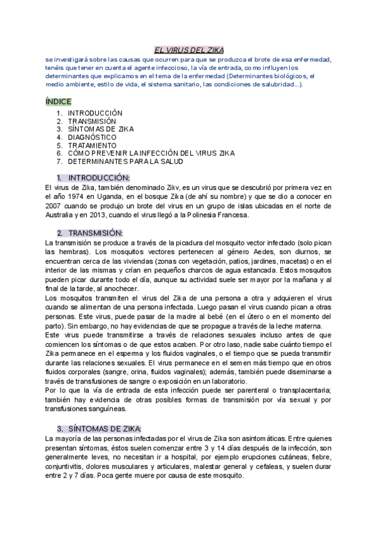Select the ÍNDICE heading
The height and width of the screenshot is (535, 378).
pos(59,101)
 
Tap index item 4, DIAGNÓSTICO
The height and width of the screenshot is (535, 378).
pos(92,137)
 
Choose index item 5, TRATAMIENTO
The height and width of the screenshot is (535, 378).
pos(92,145)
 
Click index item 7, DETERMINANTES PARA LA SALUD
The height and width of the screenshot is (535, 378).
pos(125,161)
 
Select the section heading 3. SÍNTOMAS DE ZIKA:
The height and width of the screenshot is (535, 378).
pos(99,428)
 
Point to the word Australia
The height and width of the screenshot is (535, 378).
pos(62,215)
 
